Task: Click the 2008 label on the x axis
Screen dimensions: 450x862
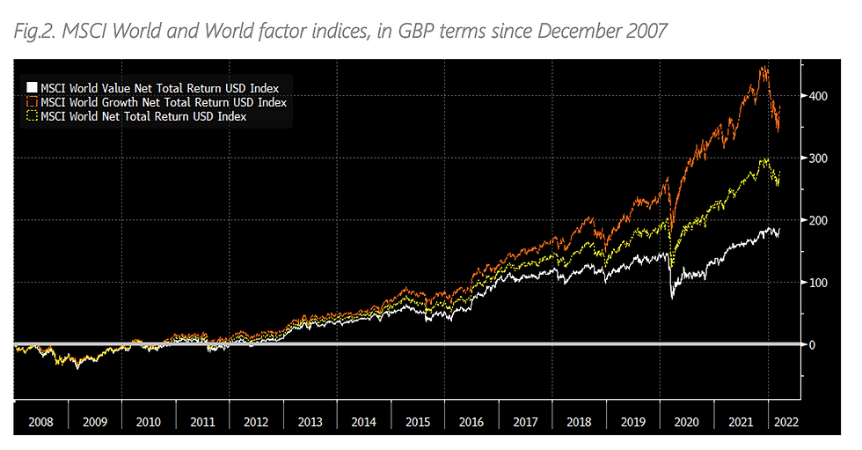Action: [40, 422]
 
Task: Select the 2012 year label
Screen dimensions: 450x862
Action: [256, 422]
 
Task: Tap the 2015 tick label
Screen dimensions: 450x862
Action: [418, 422]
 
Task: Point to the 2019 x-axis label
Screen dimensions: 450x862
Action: [633, 422]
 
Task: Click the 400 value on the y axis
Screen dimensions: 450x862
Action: [818, 96]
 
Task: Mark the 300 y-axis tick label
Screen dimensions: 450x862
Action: [818, 158]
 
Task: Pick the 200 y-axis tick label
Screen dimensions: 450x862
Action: [818, 220]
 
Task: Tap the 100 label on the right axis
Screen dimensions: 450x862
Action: [818, 283]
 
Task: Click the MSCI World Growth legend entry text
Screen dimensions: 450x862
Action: [164, 102]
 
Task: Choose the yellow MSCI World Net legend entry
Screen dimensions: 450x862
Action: [143, 116]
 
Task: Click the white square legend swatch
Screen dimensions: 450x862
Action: [33, 88]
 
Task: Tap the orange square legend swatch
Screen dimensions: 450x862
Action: [33, 102]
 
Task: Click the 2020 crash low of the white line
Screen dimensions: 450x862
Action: [672, 298]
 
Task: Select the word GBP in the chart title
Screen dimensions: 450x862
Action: [413, 33]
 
